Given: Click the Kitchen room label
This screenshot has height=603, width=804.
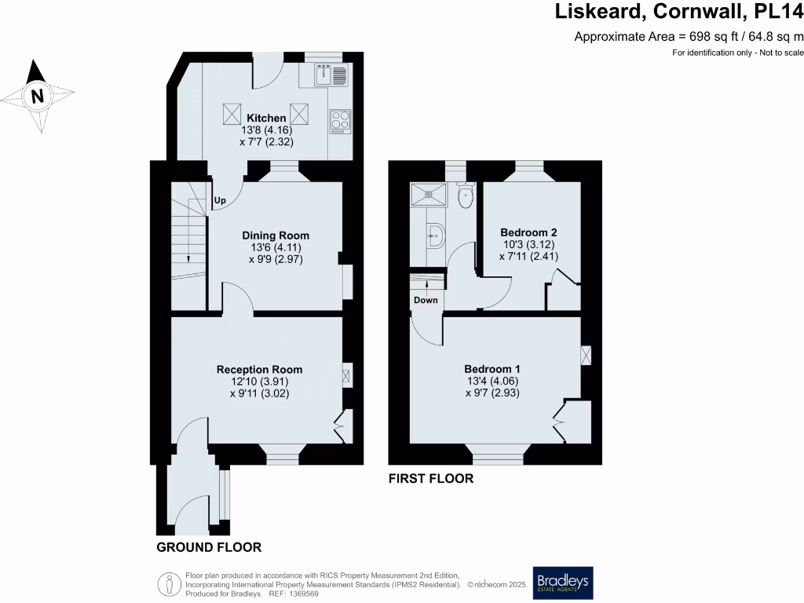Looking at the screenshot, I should pyautogui.click(x=268, y=118).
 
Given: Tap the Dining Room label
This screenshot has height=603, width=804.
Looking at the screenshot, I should pyautogui.click(x=275, y=236).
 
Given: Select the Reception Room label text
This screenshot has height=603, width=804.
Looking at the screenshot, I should pyautogui.click(x=259, y=370).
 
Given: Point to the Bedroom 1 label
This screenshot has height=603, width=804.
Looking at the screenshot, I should pyautogui.click(x=492, y=369).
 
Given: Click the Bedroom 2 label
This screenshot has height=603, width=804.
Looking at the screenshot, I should pyautogui.click(x=528, y=232).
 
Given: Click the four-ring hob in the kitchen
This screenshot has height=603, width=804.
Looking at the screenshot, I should pyautogui.click(x=340, y=121).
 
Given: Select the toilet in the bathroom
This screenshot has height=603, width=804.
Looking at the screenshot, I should pyautogui.click(x=465, y=196).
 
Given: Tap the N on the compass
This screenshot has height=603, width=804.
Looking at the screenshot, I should pyautogui.click(x=36, y=97).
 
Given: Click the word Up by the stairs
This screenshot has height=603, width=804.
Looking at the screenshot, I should pyautogui.click(x=221, y=201).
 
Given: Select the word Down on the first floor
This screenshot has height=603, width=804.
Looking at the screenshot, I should pyautogui.click(x=426, y=300).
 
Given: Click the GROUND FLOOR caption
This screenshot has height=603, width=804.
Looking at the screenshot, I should pyautogui.click(x=209, y=547).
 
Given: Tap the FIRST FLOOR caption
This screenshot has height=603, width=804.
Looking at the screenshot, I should pyautogui.click(x=431, y=478).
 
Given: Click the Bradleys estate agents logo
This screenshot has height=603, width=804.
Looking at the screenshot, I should pyautogui.click(x=563, y=583).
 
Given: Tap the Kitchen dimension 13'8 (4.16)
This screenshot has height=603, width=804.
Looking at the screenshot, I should pyautogui.click(x=268, y=130).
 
